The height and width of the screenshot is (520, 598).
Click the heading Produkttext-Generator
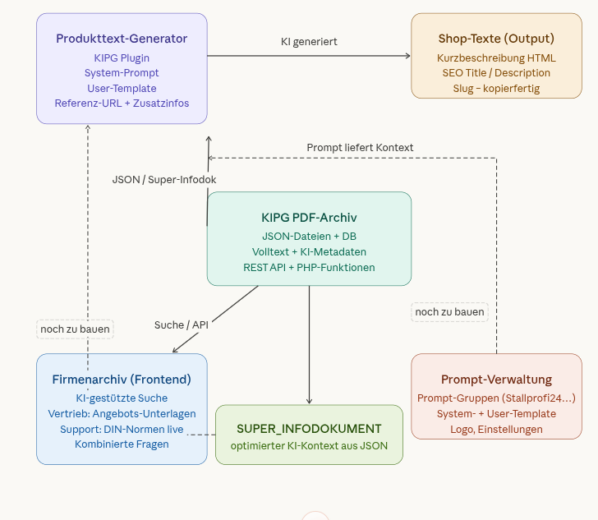122,39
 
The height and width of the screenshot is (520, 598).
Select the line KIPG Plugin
122,58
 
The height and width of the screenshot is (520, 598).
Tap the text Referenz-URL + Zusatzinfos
122,103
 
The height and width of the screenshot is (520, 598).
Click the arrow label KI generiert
309,41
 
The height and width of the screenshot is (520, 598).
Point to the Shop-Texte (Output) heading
495,39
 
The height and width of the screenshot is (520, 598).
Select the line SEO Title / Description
495,73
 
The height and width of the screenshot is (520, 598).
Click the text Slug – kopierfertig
495,88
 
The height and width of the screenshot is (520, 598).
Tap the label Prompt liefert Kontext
360,147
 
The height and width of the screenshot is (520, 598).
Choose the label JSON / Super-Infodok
164,178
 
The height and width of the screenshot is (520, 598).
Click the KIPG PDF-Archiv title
309,217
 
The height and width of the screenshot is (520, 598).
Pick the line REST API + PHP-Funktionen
309,267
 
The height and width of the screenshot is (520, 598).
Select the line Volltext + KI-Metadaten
309,251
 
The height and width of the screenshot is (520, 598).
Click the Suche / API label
181,324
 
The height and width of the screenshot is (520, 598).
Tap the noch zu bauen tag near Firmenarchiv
76,329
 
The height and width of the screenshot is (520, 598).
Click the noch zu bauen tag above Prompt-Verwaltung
449,312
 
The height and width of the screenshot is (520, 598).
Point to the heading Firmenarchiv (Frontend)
122,379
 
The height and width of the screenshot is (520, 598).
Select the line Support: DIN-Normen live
122,429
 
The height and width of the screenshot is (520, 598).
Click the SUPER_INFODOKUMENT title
309,428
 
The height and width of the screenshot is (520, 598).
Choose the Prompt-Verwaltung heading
496,379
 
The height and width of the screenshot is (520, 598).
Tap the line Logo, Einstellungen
496,429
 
